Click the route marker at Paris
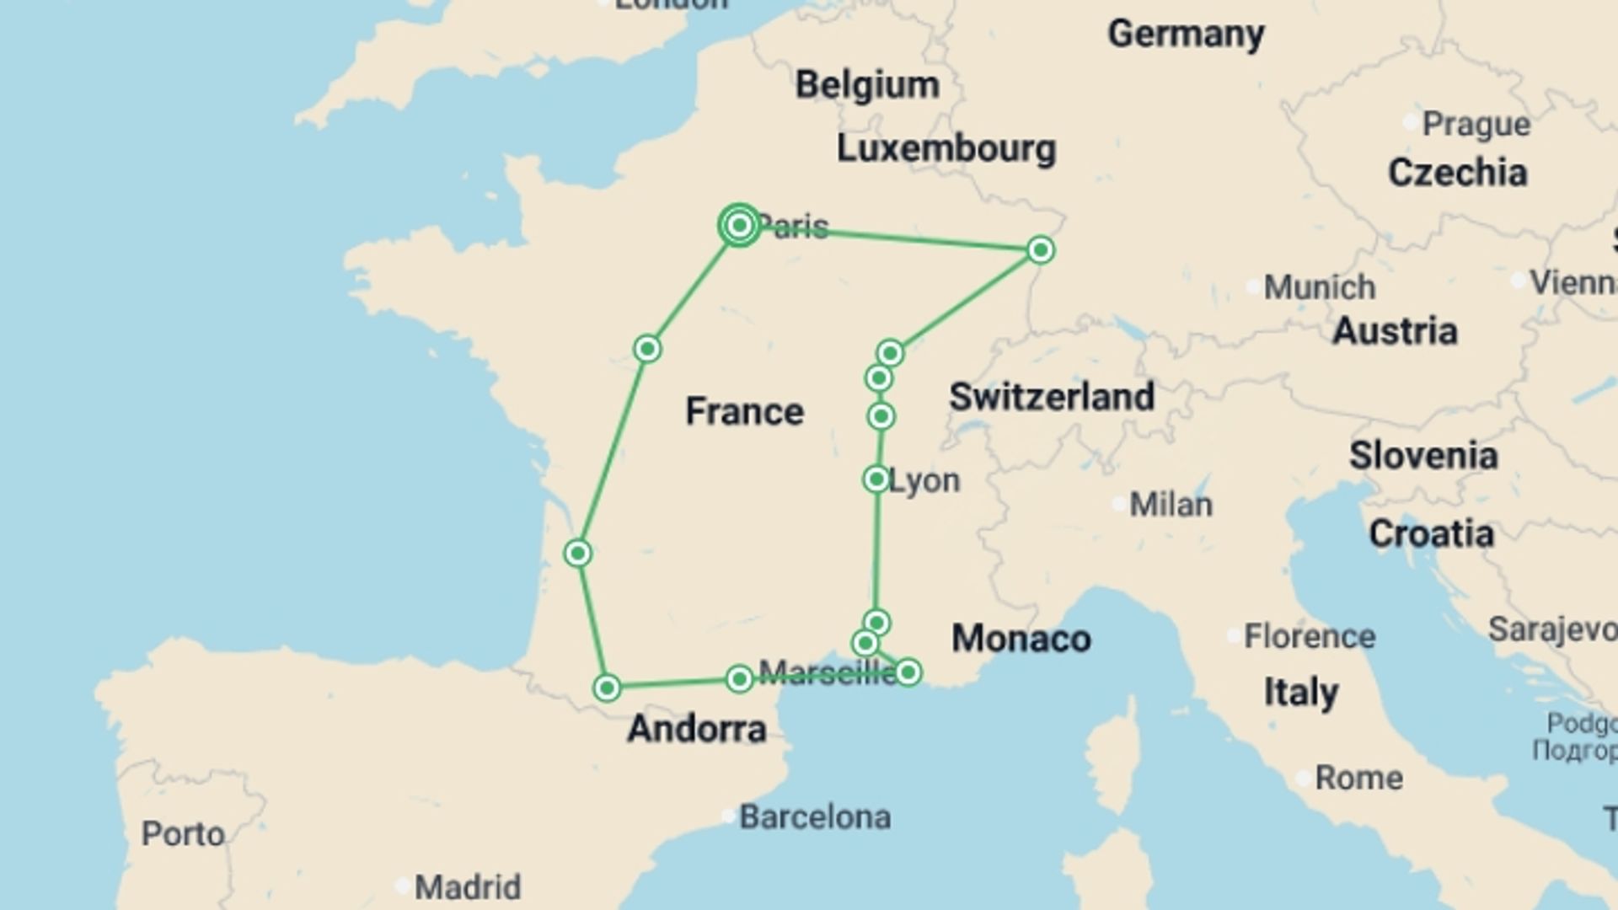point(739,225)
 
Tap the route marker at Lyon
point(876,479)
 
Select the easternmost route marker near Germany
point(1041,249)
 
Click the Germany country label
point(1186,35)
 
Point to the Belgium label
point(867,85)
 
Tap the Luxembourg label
point(946,148)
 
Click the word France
point(744,411)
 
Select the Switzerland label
point(1052,396)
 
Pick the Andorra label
point(697,729)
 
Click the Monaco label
point(1021,638)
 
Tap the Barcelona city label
point(814,816)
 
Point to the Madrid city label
point(468,886)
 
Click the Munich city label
point(1319,287)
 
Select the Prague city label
point(1476,124)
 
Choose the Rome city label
point(1358,778)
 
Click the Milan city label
point(1171,505)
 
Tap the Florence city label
point(1309,636)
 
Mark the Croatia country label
point(1431,533)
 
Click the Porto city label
point(183,833)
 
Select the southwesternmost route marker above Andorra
point(607,688)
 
